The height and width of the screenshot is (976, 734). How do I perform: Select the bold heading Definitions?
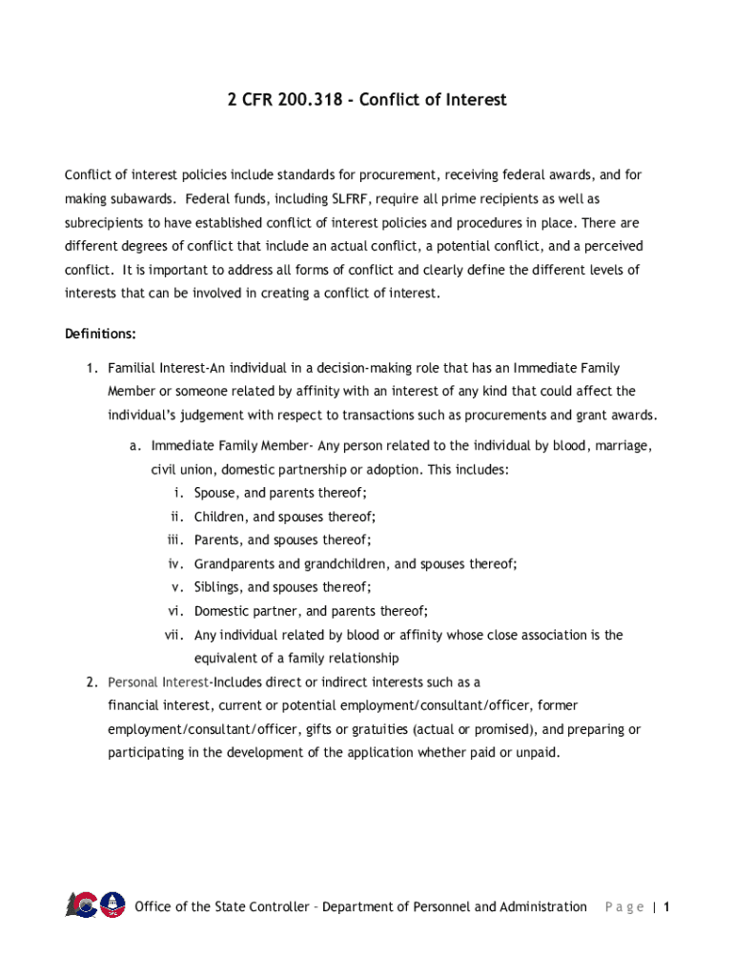[100, 334]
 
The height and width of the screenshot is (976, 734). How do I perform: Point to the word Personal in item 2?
[133, 682]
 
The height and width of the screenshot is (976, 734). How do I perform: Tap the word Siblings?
[216, 587]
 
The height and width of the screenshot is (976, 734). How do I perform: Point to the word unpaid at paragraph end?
[537, 753]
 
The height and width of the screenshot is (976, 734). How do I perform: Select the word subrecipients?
[104, 223]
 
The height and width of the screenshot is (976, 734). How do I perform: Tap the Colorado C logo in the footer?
[82, 905]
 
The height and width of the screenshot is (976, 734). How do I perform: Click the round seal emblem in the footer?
[112, 905]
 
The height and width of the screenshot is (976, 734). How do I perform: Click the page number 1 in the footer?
[668, 907]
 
